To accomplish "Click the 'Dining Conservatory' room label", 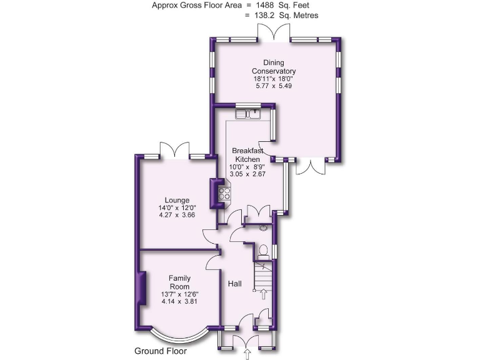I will click(274, 67).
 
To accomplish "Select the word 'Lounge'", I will click(177, 200).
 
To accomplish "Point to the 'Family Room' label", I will click(179, 282).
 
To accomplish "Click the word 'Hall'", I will click(235, 283).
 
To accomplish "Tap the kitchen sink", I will click(248, 114).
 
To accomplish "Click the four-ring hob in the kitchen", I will click(223, 194).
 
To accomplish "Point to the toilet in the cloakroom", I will click(264, 251).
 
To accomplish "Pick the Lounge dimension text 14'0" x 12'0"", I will click(177, 208).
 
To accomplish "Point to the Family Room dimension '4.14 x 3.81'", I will click(179, 301).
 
